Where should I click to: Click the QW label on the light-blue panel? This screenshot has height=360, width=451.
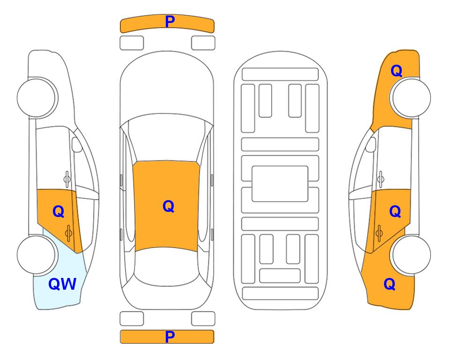coord(62,284)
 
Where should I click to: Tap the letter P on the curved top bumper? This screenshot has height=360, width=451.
coord(170,22)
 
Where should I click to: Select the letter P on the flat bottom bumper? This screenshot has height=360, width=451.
coord(170,337)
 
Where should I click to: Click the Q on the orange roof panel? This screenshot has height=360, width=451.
coord(169,206)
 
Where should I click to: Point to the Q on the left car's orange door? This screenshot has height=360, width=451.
coord(59,212)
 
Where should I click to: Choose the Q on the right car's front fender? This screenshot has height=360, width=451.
coord(396,71)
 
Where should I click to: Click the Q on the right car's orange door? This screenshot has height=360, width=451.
coord(395,212)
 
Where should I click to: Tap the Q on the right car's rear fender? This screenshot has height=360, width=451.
coord(390,284)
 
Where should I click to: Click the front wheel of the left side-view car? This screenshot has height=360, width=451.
coord(37,98)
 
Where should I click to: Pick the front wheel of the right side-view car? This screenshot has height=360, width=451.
coord(411,98)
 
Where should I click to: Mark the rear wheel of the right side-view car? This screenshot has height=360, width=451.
coord(411,255)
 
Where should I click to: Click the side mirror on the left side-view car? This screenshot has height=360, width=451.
coord(76,144)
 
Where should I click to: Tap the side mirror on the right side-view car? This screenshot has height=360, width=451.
coord(370,144)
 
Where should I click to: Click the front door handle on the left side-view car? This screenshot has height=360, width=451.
coord(67,179)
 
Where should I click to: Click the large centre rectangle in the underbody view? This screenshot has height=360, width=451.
coord(280,184)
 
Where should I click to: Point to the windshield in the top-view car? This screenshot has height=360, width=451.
coord(167,138)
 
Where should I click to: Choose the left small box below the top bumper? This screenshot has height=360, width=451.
coord(132,43)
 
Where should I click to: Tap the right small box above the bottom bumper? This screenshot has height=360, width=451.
coord(203,319)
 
